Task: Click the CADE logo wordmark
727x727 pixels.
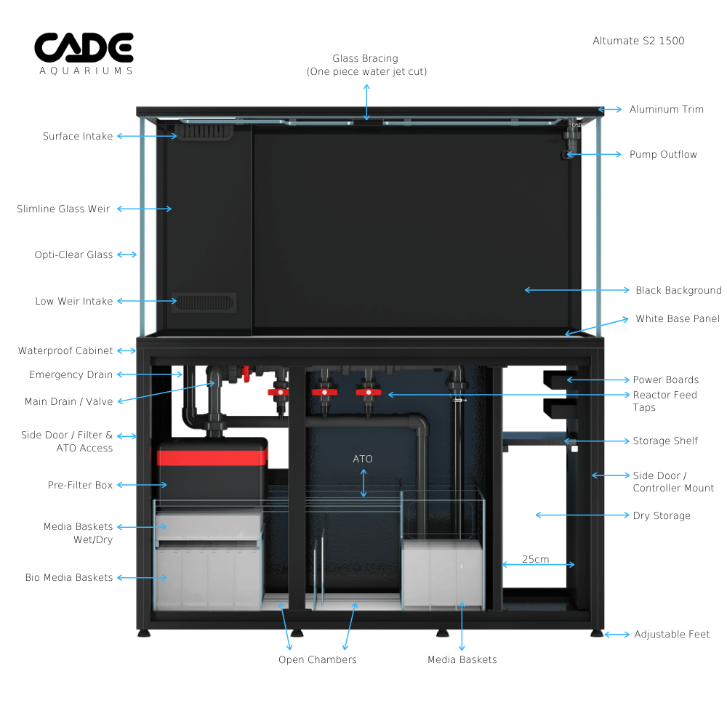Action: (84, 47)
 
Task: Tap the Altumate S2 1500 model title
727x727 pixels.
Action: (638, 41)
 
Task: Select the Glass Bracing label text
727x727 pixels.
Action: (366, 58)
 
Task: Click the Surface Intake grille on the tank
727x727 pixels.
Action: (204, 131)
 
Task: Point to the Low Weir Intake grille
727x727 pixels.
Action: (204, 302)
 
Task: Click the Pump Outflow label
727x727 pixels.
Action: (663, 154)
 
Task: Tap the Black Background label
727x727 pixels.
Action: (678, 290)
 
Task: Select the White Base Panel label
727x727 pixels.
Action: (678, 318)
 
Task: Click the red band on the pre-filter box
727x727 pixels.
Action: (212, 457)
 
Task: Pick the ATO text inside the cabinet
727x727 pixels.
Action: (363, 459)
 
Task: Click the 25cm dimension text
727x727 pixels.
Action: (536, 559)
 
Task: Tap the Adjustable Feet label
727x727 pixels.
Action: (672, 634)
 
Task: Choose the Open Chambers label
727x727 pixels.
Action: (318, 660)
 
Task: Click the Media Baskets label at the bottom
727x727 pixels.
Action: (462, 660)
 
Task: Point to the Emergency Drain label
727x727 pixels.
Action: (71, 374)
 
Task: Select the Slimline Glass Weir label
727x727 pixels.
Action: (63, 209)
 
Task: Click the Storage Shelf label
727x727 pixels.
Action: (665, 441)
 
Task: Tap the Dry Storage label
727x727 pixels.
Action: (662, 515)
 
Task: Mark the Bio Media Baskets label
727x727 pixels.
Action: (69, 578)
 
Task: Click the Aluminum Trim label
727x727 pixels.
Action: (666, 110)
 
